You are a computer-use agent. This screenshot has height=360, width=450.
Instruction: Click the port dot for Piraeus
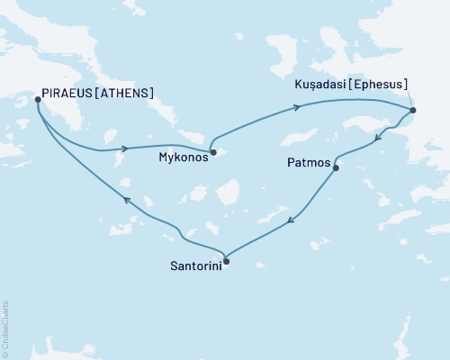tap(37, 100)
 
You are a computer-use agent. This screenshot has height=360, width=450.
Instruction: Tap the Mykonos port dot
tap(212, 152)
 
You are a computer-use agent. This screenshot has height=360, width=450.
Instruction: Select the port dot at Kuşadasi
tap(412, 111)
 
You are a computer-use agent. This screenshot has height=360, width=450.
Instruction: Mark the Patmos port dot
tap(336, 167)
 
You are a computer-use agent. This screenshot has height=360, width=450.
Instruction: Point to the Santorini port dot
tap(226, 262)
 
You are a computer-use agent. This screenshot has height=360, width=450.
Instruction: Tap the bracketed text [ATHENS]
tap(125, 92)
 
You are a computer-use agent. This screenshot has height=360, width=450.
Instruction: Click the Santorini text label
tap(193, 266)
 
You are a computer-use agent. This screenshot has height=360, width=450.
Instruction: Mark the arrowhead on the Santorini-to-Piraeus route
tap(126, 200)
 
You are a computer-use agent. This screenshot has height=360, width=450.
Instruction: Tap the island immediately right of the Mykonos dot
tap(227, 156)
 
